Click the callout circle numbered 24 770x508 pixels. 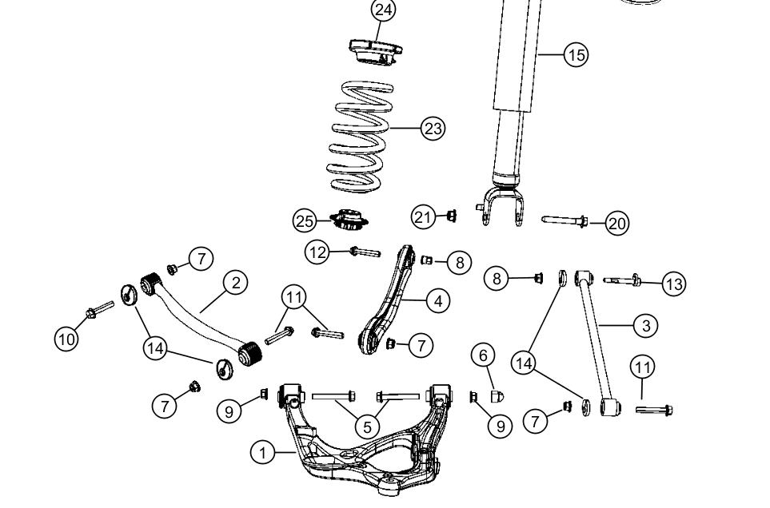pyautogui.click(x=384, y=10)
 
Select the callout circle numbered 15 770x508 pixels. pyautogui.click(x=575, y=54)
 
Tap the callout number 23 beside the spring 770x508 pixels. pyautogui.click(x=433, y=128)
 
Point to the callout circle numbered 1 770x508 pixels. pyautogui.click(x=261, y=453)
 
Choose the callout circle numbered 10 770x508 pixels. pyautogui.click(x=66, y=338)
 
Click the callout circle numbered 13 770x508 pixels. pyautogui.click(x=674, y=283)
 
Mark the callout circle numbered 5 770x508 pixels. pyautogui.click(x=367, y=427)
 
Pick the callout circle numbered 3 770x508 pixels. pyautogui.click(x=645, y=325)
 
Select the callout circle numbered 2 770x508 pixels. pyautogui.click(x=235, y=282)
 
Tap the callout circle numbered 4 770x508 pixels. pyautogui.click(x=437, y=300)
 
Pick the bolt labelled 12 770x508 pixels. pyautogui.click(x=364, y=252)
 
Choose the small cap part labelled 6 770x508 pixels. pyautogui.click(x=495, y=396)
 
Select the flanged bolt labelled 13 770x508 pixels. pyautogui.click(x=623, y=280)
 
